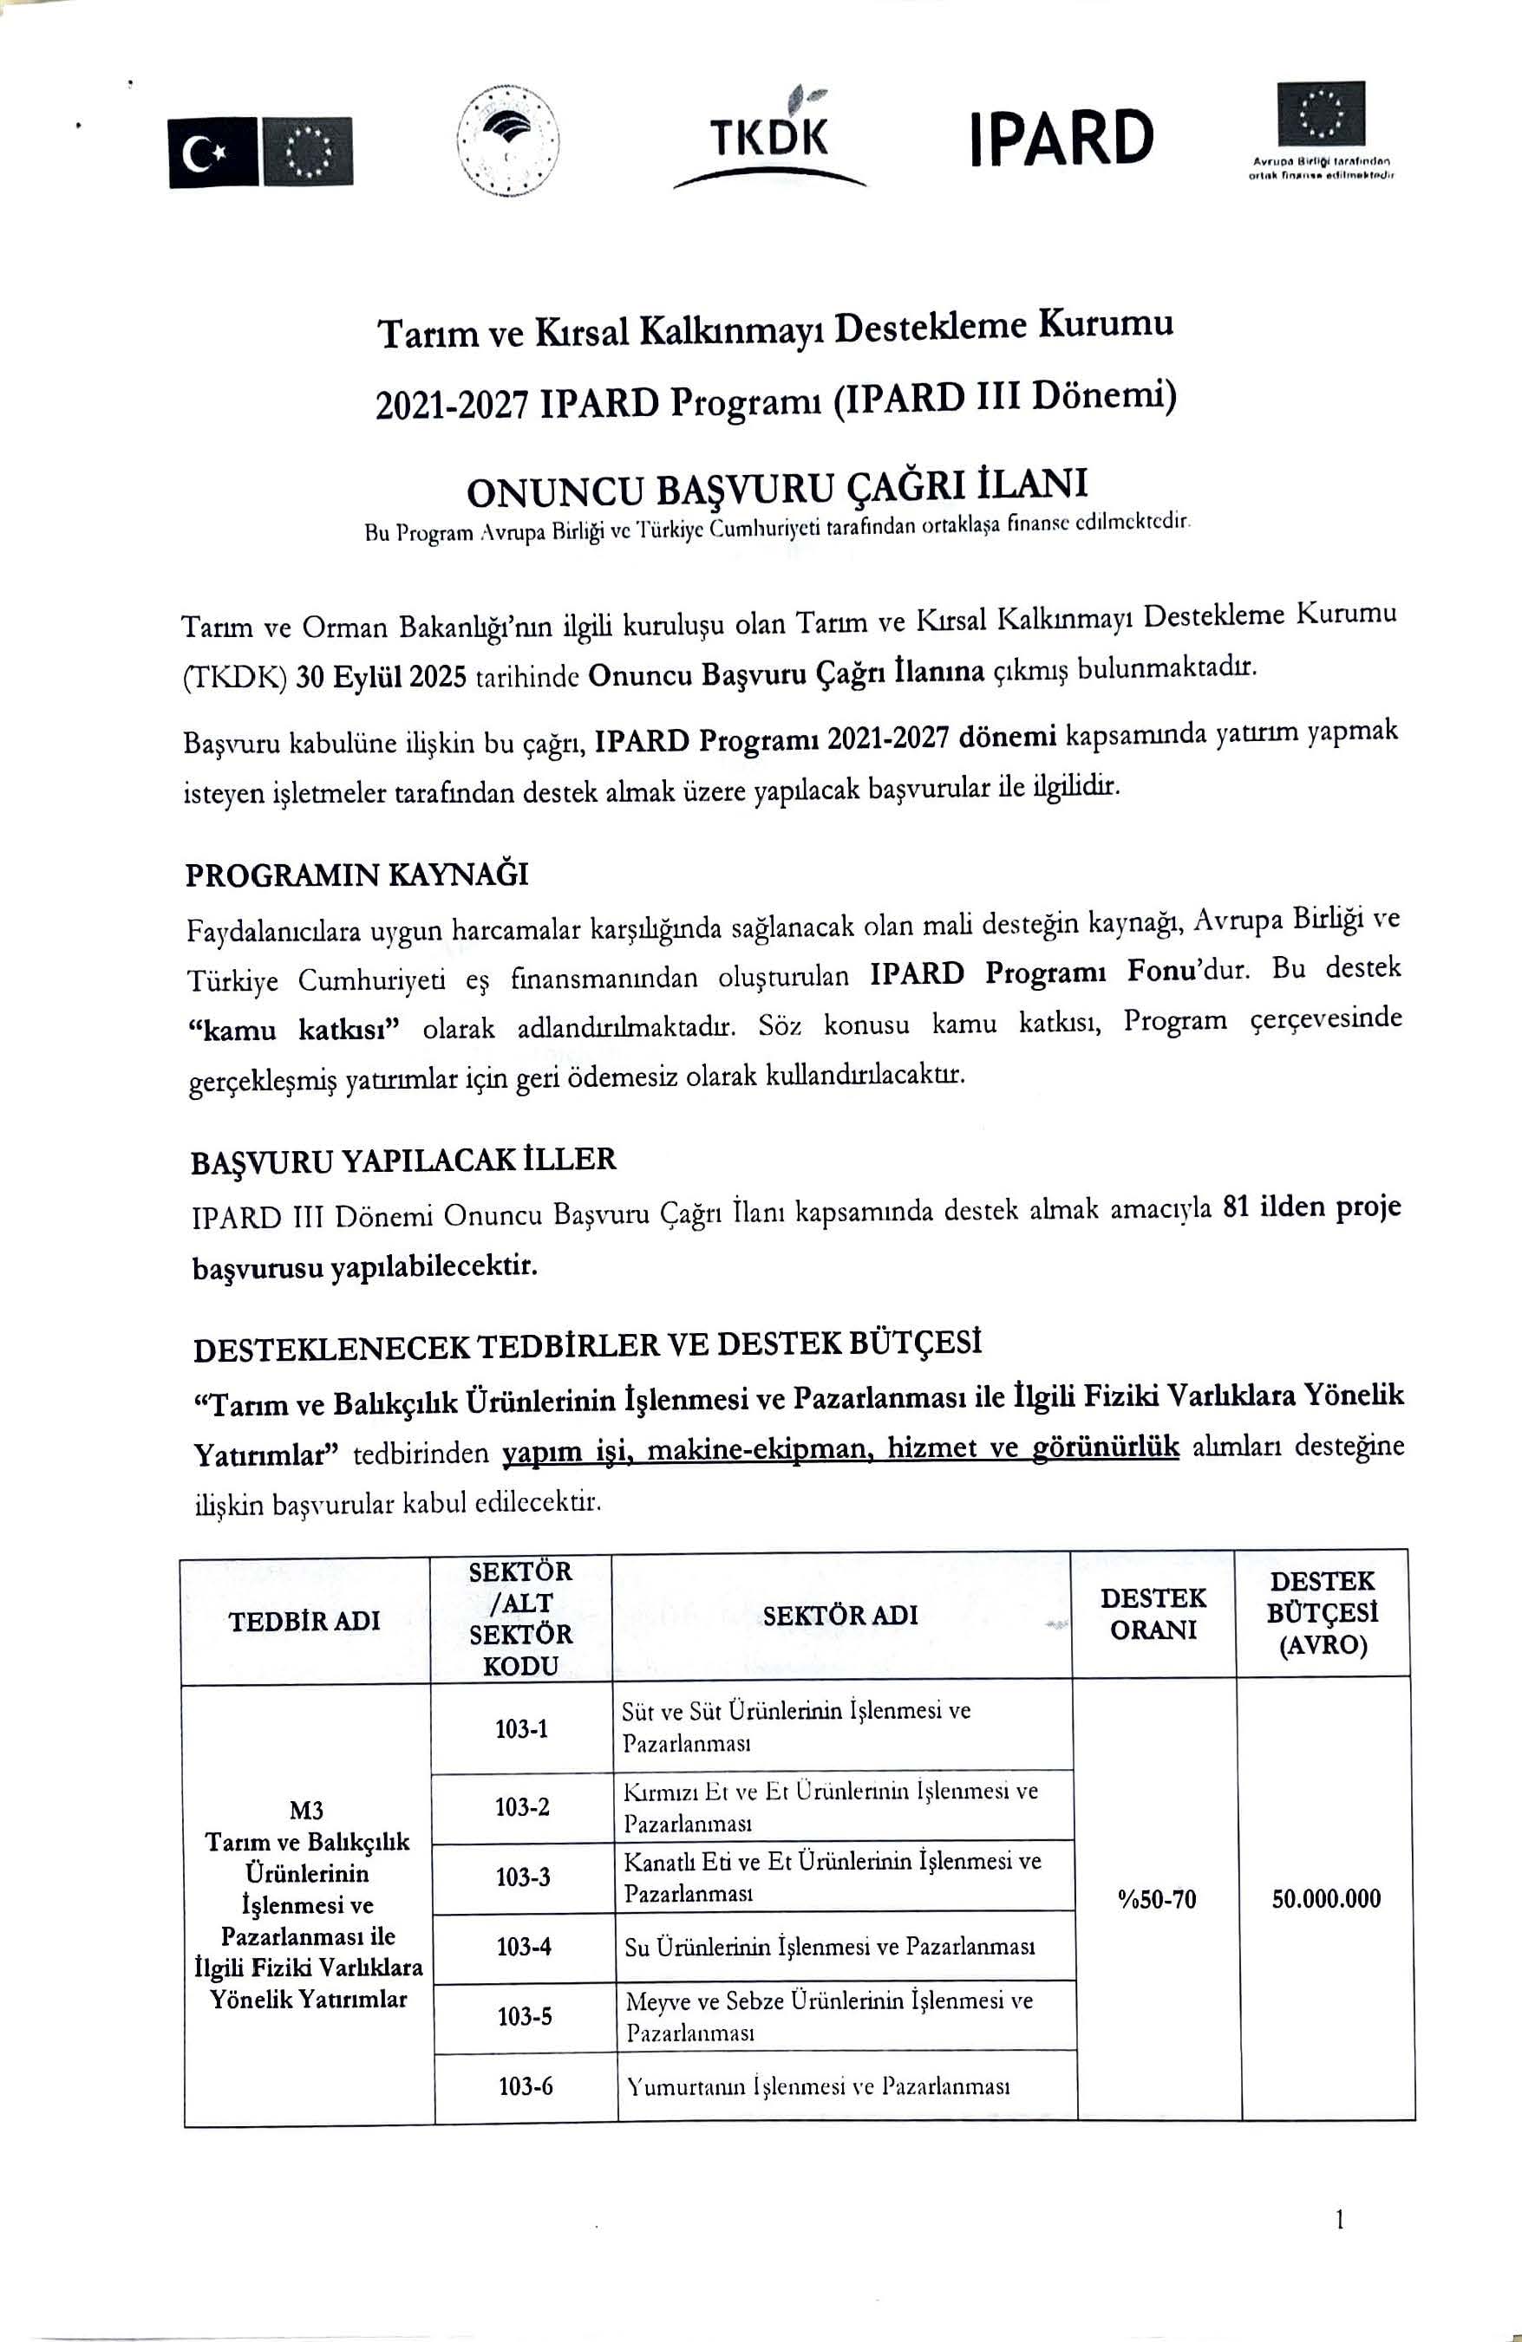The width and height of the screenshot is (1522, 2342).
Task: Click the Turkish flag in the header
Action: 212,152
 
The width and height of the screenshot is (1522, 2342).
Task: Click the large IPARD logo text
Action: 1061,138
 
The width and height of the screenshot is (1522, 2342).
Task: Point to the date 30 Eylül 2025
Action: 380,677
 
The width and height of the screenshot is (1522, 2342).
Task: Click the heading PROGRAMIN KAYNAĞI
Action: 357,874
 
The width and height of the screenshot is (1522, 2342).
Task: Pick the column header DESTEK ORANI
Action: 1153,1613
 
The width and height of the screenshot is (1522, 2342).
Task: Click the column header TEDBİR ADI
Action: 304,1621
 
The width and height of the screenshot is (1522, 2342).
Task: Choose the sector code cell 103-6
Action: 525,2085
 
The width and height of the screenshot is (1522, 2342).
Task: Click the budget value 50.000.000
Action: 1325,1898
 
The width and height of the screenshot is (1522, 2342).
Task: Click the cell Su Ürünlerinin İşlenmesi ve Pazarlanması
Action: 829,1947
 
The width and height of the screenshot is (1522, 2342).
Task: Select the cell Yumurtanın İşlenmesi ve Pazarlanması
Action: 818,2085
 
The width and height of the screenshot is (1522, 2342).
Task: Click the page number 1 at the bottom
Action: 1340,2219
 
